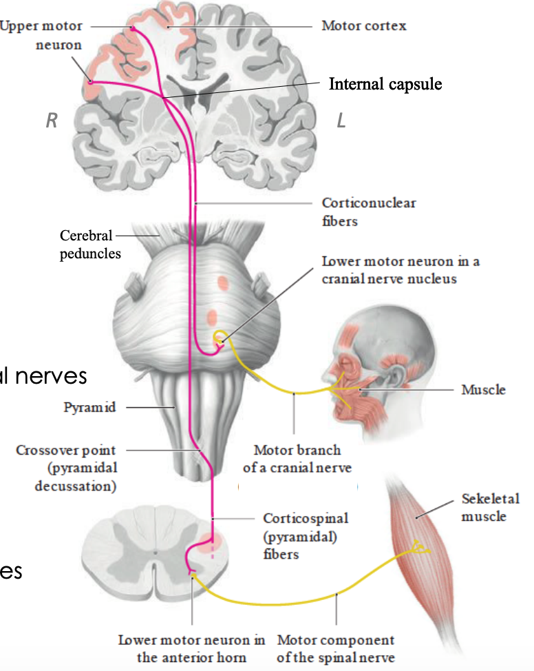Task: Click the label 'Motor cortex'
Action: [x=363, y=26]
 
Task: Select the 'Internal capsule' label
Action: [x=385, y=84]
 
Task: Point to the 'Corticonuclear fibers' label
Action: [x=368, y=212]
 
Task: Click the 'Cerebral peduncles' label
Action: [x=90, y=245]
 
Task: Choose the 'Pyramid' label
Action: [x=89, y=407]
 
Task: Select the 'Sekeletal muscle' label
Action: [x=490, y=507]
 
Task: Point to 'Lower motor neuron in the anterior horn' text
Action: [x=191, y=648]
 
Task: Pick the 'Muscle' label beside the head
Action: [x=483, y=390]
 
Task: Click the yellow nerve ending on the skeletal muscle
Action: [x=417, y=548]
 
